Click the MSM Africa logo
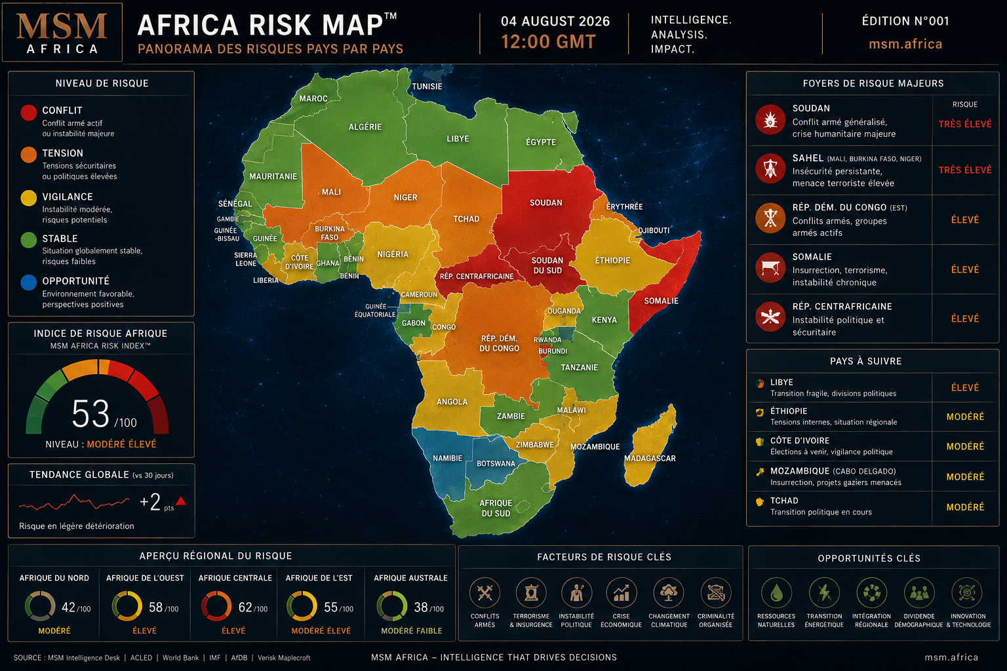62,32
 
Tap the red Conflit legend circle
28,112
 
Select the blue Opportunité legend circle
28,282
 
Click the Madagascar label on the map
650,459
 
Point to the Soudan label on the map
545,202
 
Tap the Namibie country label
447,458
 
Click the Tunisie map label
427,86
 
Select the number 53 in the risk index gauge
90,413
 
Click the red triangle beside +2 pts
181,501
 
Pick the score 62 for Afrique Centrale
245,607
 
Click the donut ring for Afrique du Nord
40,606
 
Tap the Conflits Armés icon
484,593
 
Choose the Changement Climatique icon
669,593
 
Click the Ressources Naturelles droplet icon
776,593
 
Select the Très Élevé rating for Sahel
965,170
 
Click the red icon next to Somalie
770,268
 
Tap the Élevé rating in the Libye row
965,387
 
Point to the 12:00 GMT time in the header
549,42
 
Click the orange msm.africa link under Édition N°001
905,44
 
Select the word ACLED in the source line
141,657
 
